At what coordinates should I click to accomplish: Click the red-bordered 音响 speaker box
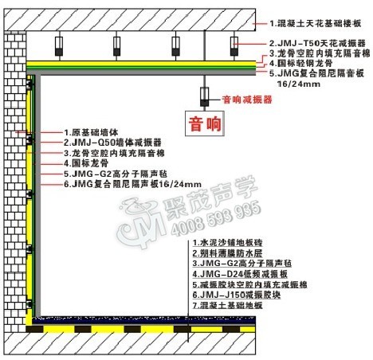tap(205, 123)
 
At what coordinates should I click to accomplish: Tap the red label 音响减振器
tap(247, 100)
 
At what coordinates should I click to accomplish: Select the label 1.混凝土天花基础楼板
tap(316, 24)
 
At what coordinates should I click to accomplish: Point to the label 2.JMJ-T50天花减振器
tap(317, 43)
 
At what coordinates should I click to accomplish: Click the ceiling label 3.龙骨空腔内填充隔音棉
tap(320, 53)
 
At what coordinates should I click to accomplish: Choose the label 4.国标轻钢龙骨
tap(301, 63)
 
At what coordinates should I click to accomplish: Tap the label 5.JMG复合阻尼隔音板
tap(316, 73)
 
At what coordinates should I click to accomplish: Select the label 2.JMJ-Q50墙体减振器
tap(112, 143)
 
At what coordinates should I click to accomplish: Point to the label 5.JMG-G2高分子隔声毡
tap(116, 174)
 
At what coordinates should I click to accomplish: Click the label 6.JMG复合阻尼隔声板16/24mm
tap(132, 184)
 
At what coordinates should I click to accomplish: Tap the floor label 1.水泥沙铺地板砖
tap(227, 242)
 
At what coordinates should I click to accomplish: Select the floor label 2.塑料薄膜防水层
tap(227, 253)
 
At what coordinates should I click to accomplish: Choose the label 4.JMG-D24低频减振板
tap(240, 274)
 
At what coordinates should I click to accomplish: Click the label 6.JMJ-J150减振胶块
tap(237, 295)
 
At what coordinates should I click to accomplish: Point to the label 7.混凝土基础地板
tap(227, 305)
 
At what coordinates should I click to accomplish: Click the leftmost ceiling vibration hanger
tap(59, 46)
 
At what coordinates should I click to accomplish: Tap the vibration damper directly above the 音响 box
tap(204, 96)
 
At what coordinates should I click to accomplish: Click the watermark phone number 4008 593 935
tap(215, 218)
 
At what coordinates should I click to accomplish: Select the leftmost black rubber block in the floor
tap(34, 329)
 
